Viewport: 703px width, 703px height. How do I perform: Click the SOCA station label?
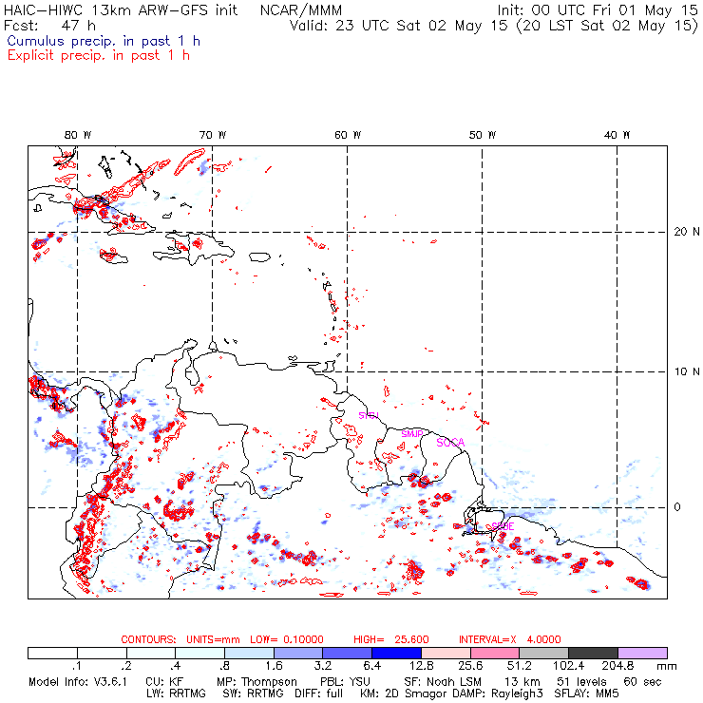(x=450, y=442)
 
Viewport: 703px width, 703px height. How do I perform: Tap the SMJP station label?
(x=411, y=433)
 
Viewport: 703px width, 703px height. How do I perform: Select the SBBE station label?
(x=503, y=525)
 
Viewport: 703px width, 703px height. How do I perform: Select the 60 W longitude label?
(x=349, y=135)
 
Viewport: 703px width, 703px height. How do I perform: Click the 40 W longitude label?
(x=617, y=135)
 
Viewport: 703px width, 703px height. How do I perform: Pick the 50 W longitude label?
(x=484, y=135)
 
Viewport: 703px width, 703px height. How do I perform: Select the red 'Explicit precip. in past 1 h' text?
(x=98, y=55)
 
